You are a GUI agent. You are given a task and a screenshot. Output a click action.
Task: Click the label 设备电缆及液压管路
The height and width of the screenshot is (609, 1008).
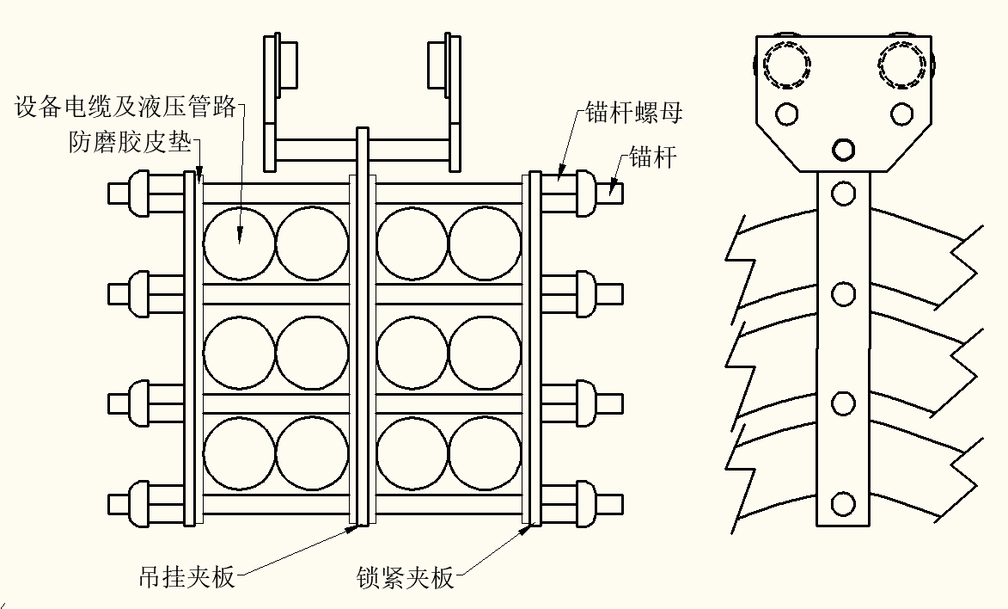click(x=125, y=108)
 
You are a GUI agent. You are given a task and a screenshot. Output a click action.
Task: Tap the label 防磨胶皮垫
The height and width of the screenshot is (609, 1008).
click(x=130, y=142)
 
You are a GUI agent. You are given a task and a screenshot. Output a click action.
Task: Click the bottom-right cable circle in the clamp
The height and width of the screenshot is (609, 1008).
click(x=486, y=452)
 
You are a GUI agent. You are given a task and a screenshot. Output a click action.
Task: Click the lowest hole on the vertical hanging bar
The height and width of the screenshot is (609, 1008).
click(x=844, y=502)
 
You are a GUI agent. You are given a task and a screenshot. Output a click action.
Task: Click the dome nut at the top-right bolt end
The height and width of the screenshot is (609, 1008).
click(x=585, y=193)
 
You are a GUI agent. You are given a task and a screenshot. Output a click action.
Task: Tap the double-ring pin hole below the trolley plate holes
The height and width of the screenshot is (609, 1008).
click(x=844, y=150)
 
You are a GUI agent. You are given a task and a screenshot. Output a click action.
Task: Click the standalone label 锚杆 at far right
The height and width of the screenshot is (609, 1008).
click(x=653, y=157)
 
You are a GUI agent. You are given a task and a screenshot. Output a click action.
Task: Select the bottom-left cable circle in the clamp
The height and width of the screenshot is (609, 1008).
click(x=240, y=452)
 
